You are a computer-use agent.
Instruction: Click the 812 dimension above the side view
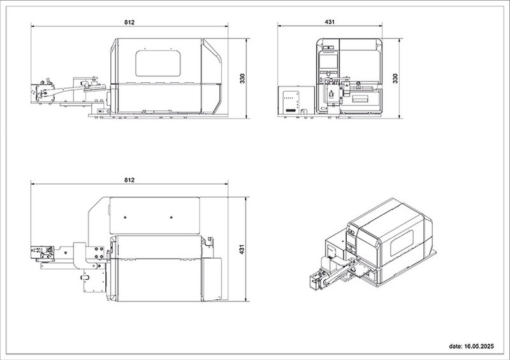129,22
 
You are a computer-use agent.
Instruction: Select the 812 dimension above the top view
129,180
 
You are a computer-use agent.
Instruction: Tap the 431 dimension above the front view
330,22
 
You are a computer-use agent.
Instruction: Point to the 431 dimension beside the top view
242,249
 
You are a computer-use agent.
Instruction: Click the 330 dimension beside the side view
242,78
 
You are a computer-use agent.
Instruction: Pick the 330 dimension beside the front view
395,78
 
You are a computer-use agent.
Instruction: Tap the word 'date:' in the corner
455,347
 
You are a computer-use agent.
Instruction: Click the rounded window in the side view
158,64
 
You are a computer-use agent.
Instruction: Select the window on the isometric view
402,243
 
